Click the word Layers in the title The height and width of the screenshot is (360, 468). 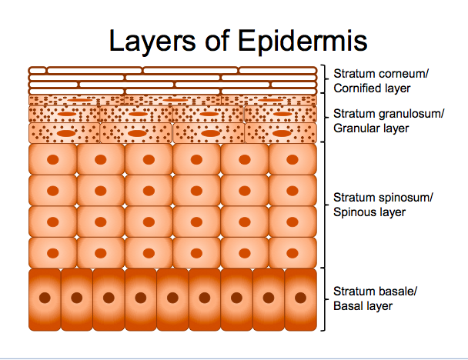point(150,40)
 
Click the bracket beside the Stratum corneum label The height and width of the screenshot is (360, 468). point(326,81)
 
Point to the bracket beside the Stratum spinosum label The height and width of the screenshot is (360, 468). point(326,205)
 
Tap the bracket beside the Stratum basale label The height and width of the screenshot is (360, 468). point(326,298)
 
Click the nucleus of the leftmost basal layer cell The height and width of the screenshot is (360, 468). point(45,297)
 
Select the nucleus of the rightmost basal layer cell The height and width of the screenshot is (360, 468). point(300,297)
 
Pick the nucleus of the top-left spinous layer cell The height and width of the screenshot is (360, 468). point(52,160)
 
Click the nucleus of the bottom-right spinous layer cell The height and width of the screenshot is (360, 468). point(292,252)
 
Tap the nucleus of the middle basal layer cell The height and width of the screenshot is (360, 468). point(172,297)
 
